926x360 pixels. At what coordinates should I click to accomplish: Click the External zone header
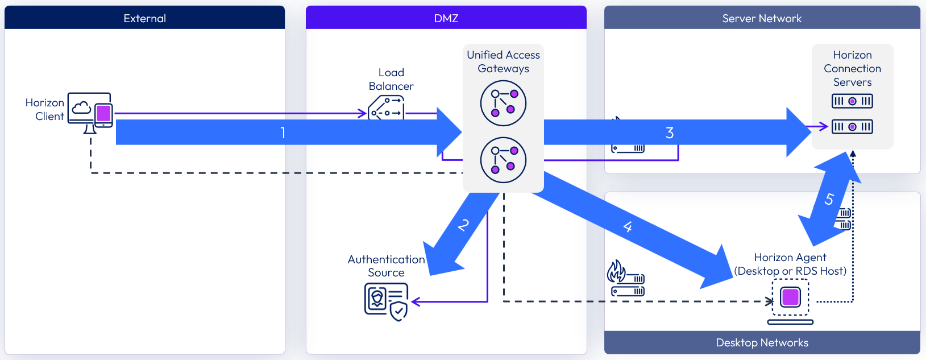point(144,18)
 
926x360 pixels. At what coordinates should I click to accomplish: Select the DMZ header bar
point(446,18)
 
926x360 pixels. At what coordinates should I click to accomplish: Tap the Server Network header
point(762,18)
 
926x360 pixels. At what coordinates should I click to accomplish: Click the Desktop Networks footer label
point(762,342)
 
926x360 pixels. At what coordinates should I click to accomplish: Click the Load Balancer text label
point(391,79)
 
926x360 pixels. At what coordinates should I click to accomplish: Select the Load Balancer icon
point(387,107)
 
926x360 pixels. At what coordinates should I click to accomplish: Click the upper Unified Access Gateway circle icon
point(503,103)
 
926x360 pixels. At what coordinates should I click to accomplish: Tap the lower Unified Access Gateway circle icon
point(503,160)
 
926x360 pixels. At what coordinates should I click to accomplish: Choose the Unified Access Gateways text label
point(503,61)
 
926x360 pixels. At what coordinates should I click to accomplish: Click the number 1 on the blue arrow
point(283,133)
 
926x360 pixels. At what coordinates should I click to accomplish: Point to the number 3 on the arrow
point(670,133)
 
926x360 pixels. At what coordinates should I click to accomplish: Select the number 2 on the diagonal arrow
point(463,225)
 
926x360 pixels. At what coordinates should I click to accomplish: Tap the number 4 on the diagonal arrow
point(628,227)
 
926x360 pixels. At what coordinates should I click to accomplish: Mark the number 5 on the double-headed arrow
point(829,199)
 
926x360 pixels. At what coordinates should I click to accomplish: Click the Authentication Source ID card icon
point(385,301)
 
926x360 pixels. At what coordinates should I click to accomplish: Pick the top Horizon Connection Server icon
point(852,101)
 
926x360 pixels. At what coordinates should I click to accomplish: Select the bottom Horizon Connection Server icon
point(852,126)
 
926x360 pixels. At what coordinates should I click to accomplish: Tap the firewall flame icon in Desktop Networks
point(616,271)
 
